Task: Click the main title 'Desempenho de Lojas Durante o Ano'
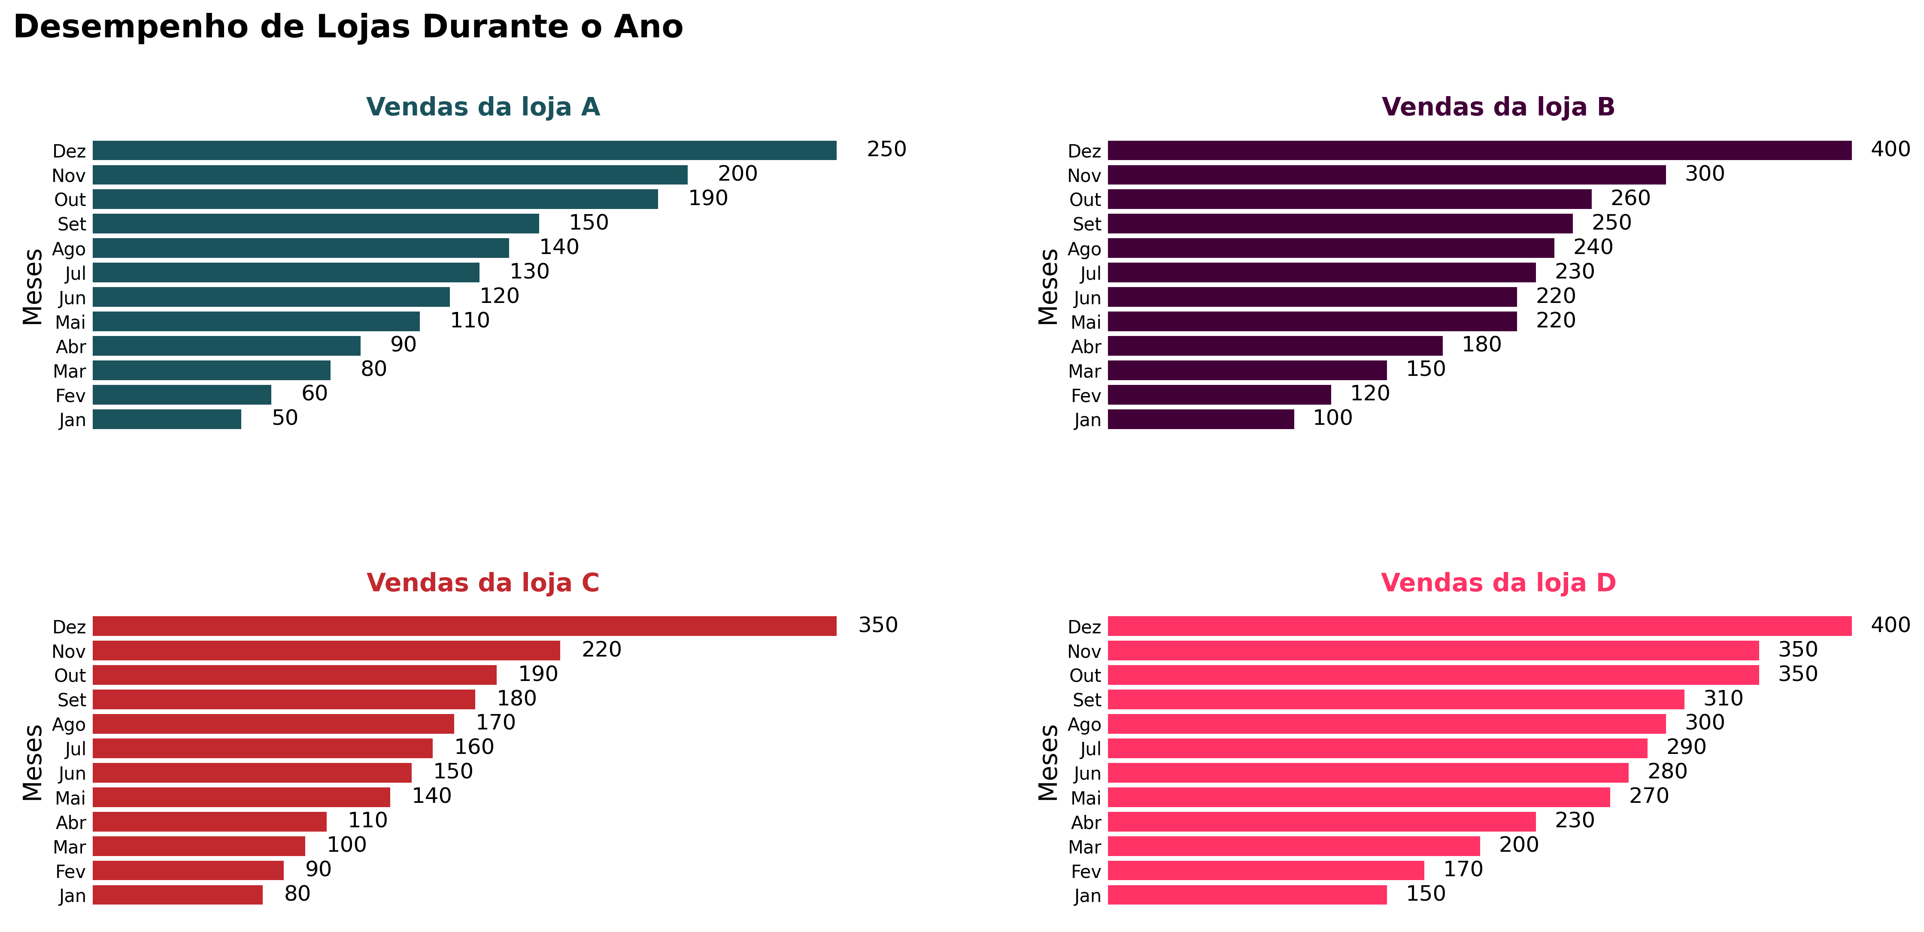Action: coord(348,27)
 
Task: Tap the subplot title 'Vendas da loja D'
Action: coord(1498,583)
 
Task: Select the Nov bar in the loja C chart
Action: coord(326,651)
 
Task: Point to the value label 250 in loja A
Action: coord(886,149)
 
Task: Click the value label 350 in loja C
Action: coord(877,625)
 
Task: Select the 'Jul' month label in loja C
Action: coord(76,749)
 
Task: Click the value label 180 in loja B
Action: coord(1481,345)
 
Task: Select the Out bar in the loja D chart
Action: coord(1432,675)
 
